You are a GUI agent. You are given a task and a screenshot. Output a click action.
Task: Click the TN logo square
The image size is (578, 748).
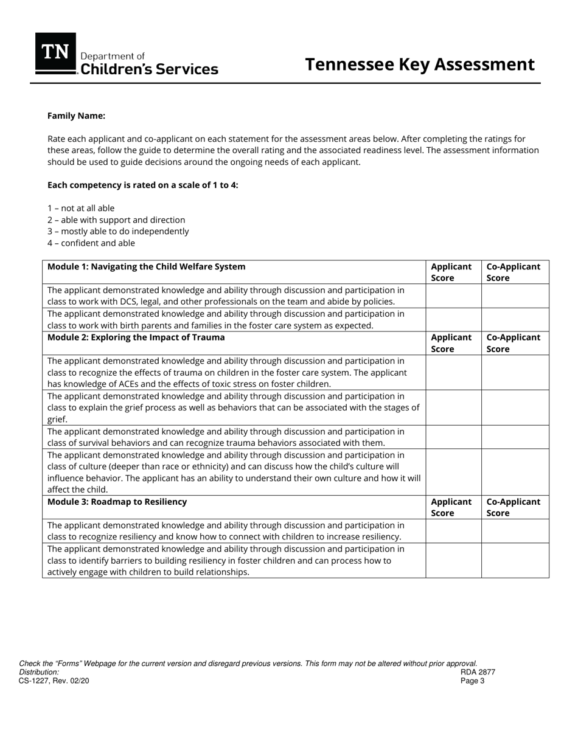pos(55,54)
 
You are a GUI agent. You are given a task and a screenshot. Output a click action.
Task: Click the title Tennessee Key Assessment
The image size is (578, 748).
pos(419,64)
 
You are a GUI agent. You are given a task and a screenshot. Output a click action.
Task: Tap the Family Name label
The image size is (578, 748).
pos(76,116)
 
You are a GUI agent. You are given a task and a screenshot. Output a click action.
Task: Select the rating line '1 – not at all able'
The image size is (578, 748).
pos(81,208)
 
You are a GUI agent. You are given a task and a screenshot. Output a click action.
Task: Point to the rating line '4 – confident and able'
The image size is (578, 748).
pos(91,243)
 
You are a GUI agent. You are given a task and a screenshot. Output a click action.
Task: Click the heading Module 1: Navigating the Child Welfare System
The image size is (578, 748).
pos(147,266)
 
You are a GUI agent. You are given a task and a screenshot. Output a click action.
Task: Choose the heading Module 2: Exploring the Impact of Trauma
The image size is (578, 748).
pos(136,338)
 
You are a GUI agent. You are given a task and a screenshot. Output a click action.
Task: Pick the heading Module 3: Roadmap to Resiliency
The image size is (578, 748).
pos(117,502)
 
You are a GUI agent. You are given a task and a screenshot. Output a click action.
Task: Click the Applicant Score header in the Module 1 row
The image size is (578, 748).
pos(451,272)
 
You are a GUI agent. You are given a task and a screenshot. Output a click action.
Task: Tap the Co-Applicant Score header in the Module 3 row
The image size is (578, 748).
pos(514,507)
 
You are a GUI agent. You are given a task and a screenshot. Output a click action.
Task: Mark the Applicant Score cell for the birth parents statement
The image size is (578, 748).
pos(453,319)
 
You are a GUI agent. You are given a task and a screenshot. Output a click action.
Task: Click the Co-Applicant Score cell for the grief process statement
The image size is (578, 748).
pos(515,407)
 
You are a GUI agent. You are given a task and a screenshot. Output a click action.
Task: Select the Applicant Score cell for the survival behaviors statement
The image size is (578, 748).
pos(453,437)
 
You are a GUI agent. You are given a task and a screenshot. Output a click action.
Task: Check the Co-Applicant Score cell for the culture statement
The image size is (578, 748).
pos(515,472)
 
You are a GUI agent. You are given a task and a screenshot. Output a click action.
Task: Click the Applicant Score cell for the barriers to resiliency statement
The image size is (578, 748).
pos(453,560)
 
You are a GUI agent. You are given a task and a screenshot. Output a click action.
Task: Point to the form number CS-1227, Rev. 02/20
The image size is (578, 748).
pos(54,680)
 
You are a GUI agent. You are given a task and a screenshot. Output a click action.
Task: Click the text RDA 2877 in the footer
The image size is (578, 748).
pos(478,672)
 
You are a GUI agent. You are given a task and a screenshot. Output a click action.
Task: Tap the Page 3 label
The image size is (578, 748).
pos(472,680)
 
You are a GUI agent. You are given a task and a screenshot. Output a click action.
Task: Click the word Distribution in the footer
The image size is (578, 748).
pos(39,672)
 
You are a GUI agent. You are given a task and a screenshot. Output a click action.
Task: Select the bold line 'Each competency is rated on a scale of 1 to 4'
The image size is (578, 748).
pos(143,185)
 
